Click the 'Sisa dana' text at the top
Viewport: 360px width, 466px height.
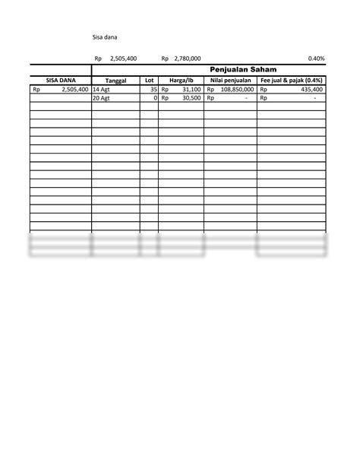105,36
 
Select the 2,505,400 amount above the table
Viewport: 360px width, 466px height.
123,58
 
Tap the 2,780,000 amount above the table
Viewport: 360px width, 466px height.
187,58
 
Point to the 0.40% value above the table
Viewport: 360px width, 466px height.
317,58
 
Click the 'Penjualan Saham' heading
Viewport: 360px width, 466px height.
244,69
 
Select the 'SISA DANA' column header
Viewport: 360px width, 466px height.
60,80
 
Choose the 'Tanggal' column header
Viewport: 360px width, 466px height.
115,80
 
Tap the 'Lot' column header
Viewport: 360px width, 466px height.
149,80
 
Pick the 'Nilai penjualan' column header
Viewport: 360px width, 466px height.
231,80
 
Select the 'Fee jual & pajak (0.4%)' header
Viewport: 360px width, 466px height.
292,80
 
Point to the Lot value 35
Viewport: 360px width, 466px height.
153,89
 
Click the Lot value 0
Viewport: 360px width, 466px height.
155,98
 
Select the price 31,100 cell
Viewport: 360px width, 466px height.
190,89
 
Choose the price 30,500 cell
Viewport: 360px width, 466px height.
190,98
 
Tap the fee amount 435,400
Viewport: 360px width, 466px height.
311,89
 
